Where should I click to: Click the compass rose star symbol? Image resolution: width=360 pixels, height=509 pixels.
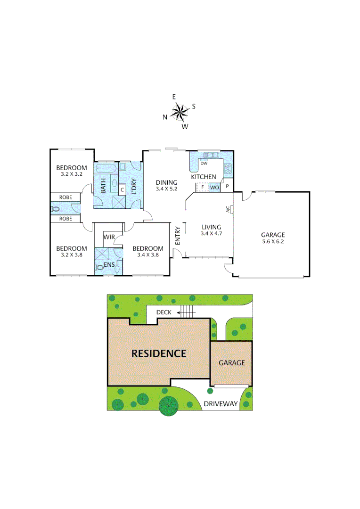point(179,112)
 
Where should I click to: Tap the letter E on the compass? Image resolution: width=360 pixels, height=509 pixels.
point(174,97)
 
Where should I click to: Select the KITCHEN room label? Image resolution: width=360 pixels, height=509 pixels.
point(203,177)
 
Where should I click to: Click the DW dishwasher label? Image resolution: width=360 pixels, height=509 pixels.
point(204,163)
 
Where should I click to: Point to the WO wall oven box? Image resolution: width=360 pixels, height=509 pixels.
point(214,187)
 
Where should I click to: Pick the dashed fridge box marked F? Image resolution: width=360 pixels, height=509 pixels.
point(202,187)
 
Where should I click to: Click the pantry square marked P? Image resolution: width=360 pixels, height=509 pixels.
point(227,187)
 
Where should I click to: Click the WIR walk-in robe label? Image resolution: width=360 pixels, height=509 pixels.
point(109,237)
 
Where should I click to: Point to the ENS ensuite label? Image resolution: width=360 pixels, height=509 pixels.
point(109,265)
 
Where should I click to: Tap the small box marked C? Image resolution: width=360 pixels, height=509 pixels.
point(122,189)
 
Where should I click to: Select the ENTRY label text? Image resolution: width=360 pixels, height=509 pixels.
point(178,236)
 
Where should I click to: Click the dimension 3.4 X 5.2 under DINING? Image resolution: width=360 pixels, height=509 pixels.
point(167,189)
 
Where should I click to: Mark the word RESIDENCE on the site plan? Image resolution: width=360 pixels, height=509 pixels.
point(159,353)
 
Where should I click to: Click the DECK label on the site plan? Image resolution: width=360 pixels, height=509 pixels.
point(164,312)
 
